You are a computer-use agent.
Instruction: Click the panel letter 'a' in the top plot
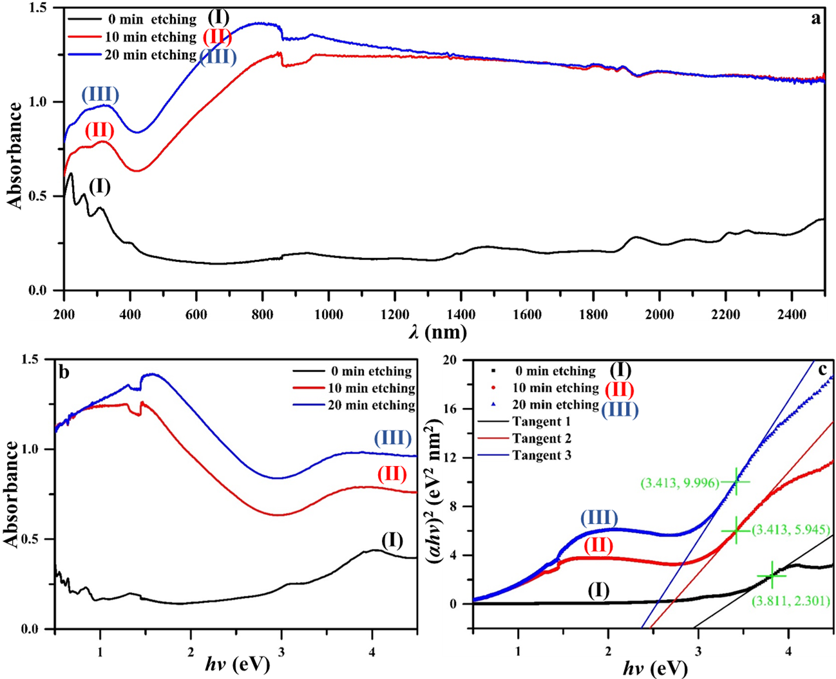[x=816, y=18]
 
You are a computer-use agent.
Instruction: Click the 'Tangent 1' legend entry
[x=542, y=422]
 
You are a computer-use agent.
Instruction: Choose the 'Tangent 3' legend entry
[x=542, y=456]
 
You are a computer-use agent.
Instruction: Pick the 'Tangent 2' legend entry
[x=542, y=439]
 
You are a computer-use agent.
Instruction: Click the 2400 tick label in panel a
[x=792, y=314]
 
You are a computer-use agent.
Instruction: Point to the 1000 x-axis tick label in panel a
[x=328, y=314]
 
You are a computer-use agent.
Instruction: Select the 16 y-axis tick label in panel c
[x=457, y=409]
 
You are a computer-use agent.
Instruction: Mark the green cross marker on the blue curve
[x=735, y=481]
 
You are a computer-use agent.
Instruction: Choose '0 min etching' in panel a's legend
[x=151, y=19]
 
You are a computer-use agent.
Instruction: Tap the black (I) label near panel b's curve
[x=392, y=540]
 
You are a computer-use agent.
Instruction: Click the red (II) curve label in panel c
[x=598, y=546]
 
